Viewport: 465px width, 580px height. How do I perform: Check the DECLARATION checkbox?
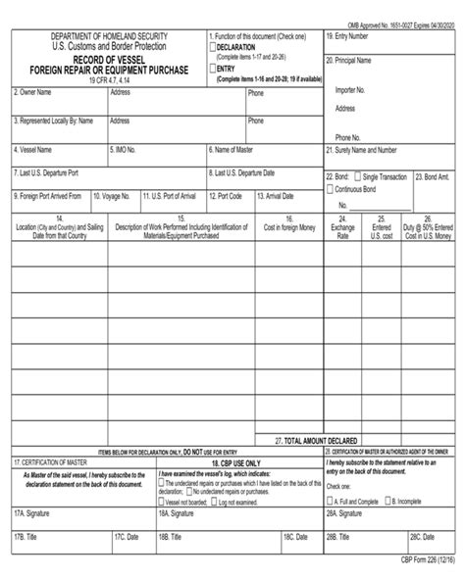point(212,46)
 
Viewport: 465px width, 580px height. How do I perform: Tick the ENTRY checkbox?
point(212,69)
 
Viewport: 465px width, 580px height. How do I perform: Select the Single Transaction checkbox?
point(359,177)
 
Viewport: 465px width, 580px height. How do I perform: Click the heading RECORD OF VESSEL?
point(108,59)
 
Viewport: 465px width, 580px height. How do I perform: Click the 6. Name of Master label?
point(236,151)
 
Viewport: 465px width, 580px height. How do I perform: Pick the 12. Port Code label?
point(230,195)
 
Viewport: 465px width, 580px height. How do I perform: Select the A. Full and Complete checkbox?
point(330,500)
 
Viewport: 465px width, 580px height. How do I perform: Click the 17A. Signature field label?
point(33,511)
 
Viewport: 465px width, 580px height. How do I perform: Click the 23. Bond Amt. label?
point(433,177)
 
